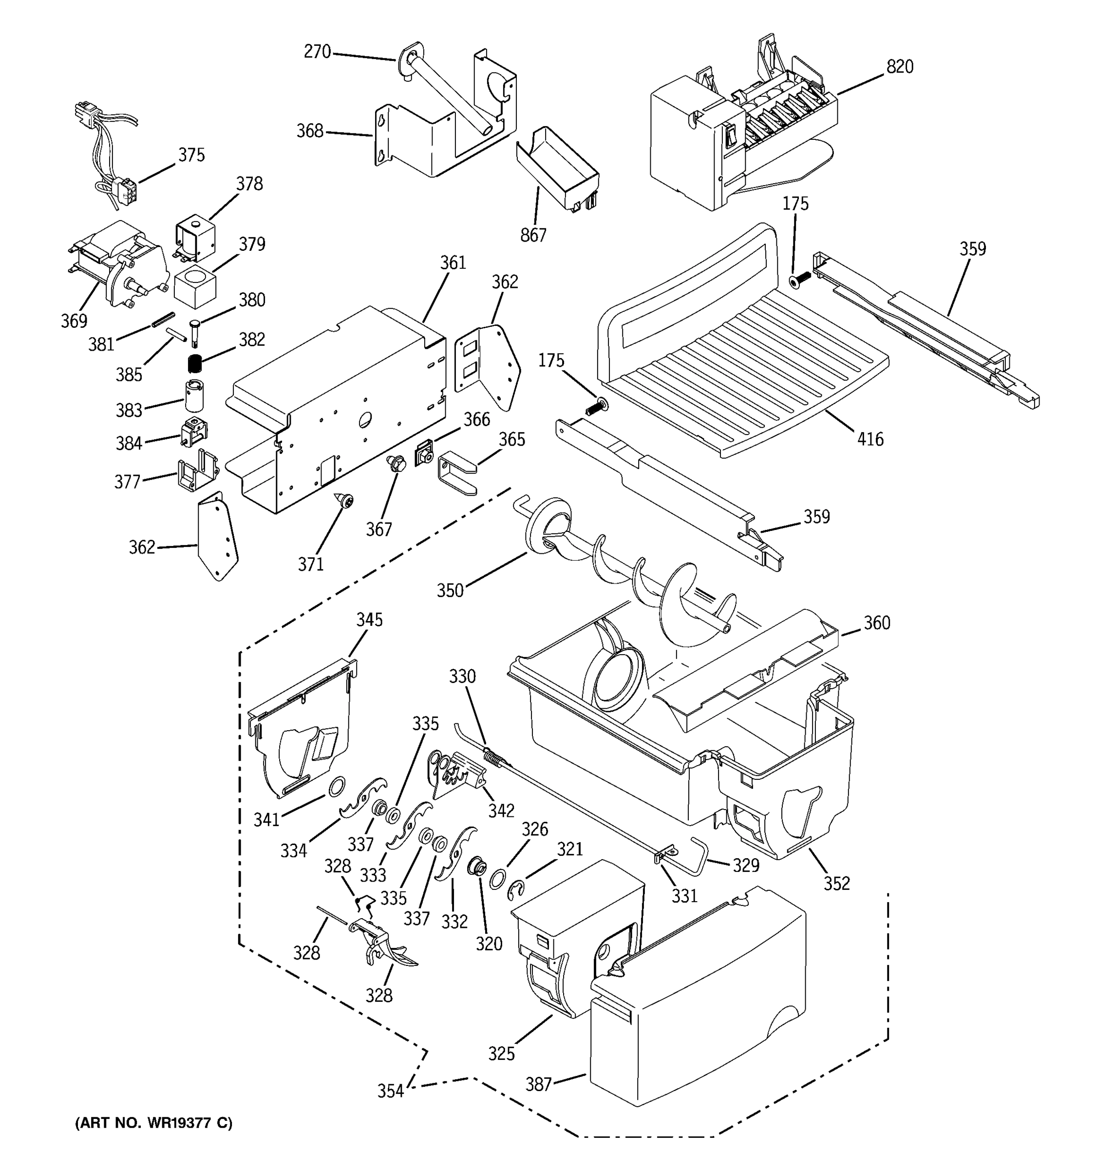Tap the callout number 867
tap(533, 235)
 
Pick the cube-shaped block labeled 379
tap(195, 286)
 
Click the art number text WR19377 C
tap(153, 1123)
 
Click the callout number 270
tap(317, 52)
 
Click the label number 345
tap(369, 620)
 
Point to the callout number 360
tap(876, 622)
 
